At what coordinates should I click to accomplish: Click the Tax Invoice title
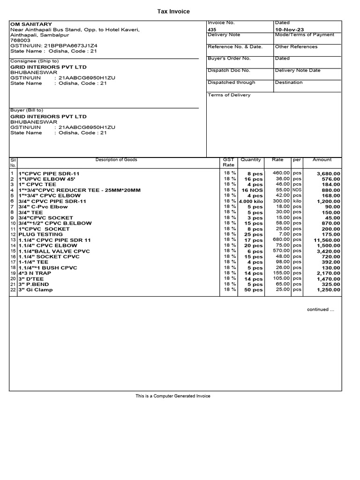(x=173, y=11)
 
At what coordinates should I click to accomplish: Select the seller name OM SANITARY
(x=31, y=24)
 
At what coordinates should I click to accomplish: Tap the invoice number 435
(x=212, y=29)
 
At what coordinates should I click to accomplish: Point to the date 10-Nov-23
(x=289, y=29)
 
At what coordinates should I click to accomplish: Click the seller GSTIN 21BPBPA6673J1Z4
(x=70, y=45)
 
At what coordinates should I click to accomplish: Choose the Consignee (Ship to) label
(x=34, y=61)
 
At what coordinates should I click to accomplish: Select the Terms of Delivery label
(x=229, y=95)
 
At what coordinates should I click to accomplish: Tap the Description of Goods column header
(x=116, y=160)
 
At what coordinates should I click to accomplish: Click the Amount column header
(x=322, y=160)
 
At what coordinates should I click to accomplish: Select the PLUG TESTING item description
(x=40, y=234)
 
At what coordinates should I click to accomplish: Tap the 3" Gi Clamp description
(x=36, y=290)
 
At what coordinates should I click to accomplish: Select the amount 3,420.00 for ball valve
(x=328, y=251)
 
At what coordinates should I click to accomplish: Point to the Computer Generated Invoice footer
(x=173, y=396)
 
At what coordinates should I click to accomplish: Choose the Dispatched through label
(x=231, y=82)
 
